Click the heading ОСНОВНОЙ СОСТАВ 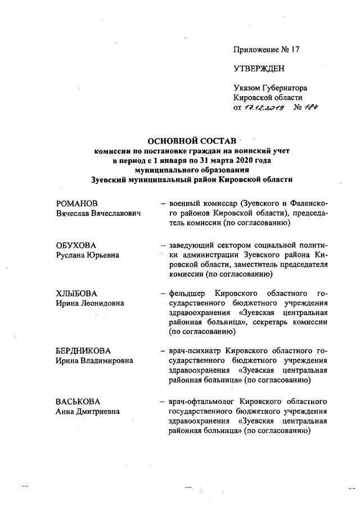(191, 140)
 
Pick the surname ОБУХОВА (75, 246)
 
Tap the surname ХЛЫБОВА (76, 294)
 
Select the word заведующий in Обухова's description (190, 246)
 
